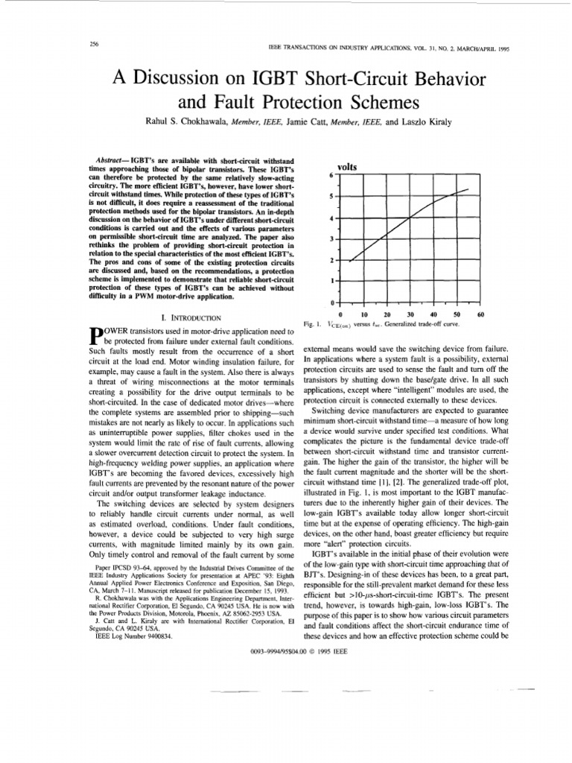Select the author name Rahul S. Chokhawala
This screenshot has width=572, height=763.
click(x=188, y=121)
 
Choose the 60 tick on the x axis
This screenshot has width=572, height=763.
click(x=480, y=315)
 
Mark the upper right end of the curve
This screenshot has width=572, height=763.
click(x=468, y=189)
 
